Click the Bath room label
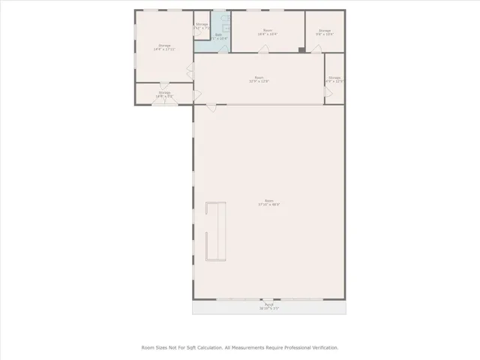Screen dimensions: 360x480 coord(218,36)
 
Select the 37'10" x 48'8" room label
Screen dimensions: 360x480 coord(268,202)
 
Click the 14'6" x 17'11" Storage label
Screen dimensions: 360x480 coord(163,47)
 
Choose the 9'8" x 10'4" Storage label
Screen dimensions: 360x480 coord(324,32)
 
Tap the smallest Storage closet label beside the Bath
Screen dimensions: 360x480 coord(202,26)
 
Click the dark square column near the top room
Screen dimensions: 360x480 coord(301,50)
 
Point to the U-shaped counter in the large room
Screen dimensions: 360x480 coord(216,231)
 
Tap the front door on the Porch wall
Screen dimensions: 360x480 coord(268,300)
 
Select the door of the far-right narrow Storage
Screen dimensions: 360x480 coord(327,93)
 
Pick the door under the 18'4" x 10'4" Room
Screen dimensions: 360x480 coord(263,49)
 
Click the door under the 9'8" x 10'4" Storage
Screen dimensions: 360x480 coord(317,49)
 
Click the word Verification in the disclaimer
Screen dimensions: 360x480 coord(322,348)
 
